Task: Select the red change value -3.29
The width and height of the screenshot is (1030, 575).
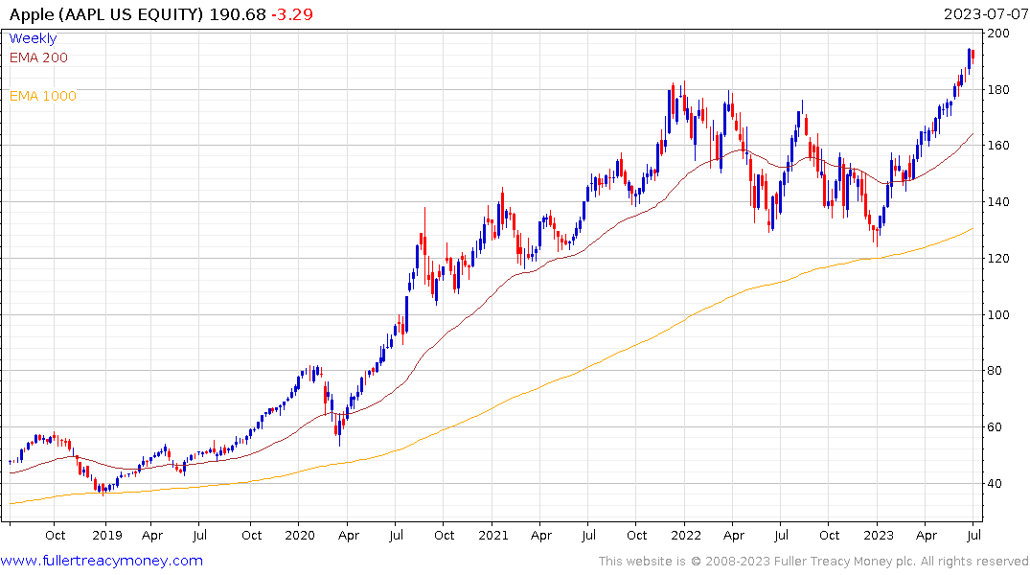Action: pos(293,14)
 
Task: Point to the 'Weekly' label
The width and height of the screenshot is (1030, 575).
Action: pos(33,38)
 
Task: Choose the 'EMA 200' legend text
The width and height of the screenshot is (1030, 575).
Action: pos(38,57)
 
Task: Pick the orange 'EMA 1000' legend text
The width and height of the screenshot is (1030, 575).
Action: pos(42,96)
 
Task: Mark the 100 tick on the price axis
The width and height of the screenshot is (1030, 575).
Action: pos(999,315)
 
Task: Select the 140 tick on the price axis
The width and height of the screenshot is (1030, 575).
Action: pos(999,202)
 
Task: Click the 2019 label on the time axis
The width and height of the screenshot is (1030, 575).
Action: pos(105,536)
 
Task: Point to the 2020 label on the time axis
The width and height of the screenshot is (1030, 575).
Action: pos(300,536)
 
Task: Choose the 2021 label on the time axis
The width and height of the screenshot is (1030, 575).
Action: pos(492,536)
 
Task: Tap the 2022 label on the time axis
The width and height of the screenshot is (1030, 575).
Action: pos(685,536)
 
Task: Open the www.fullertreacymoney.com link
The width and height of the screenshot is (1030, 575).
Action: pos(102,561)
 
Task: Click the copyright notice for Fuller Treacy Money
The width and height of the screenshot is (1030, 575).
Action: pos(813,562)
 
